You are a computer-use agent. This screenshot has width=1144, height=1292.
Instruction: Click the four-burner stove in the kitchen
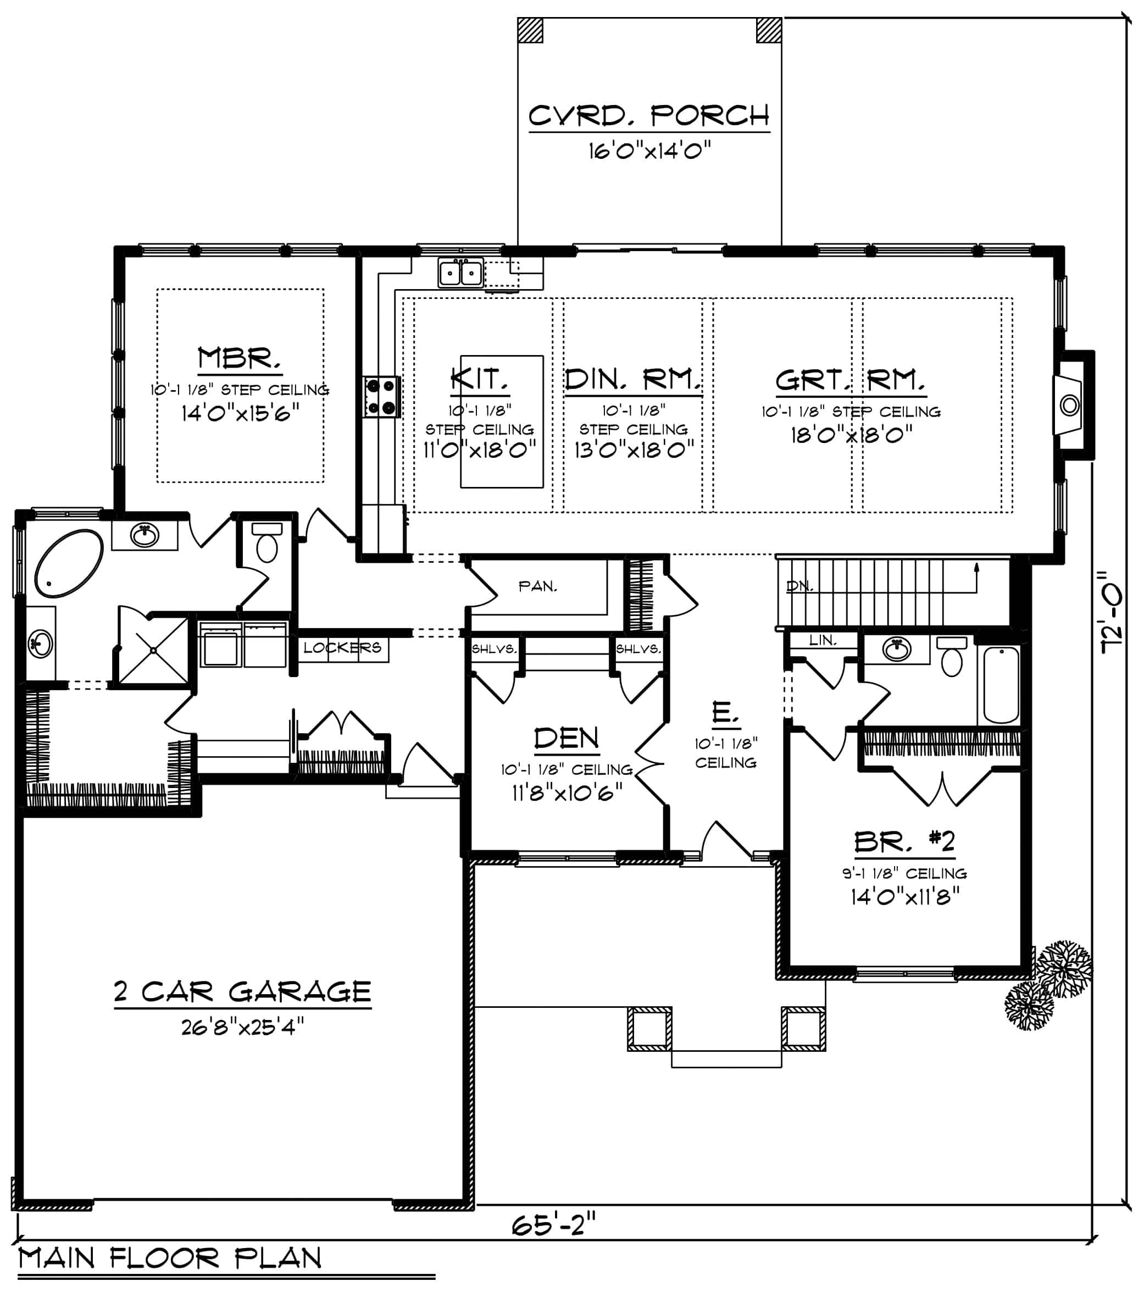tap(382, 397)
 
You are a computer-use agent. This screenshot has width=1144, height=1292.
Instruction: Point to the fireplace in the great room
tap(1069, 404)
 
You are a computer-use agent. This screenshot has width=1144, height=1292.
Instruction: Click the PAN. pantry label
tap(538, 586)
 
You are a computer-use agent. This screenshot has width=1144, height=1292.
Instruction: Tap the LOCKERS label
tap(342, 647)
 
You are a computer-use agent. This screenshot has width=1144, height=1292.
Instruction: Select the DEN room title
tap(567, 738)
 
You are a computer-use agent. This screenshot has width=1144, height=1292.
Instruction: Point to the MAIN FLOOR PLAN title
tap(170, 1258)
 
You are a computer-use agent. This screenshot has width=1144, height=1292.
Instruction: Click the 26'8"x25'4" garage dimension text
tap(242, 1027)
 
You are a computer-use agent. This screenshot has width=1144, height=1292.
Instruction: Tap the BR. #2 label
tap(904, 841)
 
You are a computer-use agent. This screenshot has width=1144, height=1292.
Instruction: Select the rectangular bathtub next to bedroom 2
tap(1001, 684)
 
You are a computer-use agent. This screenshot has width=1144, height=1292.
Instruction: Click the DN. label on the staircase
tap(799, 586)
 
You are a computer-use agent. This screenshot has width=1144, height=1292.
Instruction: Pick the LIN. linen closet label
tap(823, 640)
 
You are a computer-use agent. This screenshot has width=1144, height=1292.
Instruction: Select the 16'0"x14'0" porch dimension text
tap(649, 151)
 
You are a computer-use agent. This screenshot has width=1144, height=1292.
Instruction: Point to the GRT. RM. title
tap(850, 380)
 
